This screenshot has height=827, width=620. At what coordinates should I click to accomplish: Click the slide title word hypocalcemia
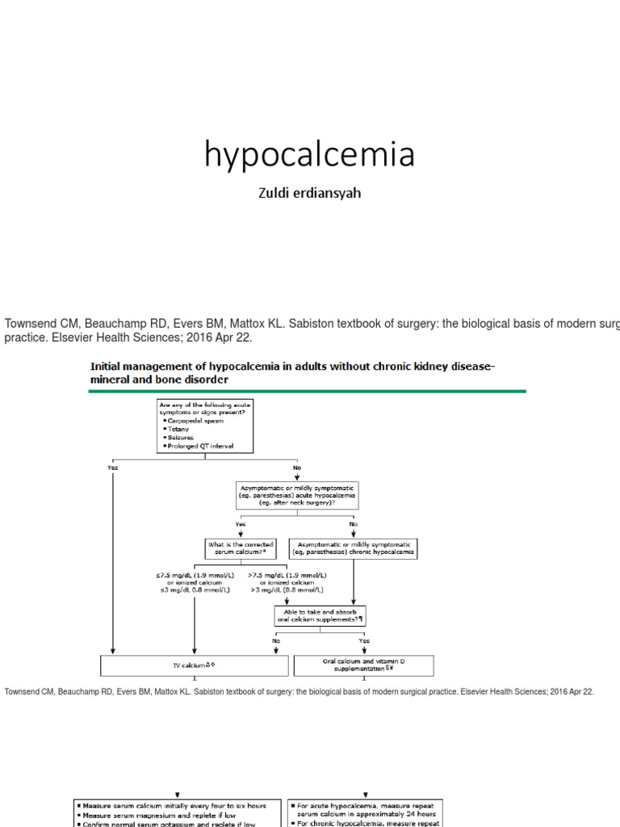tap(310, 153)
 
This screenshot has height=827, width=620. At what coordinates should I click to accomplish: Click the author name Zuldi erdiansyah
tap(310, 194)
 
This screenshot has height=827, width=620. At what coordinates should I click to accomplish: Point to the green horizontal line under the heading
tap(307, 391)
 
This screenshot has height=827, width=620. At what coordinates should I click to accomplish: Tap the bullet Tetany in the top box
tap(178, 429)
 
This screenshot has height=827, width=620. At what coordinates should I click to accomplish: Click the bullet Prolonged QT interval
tap(199, 445)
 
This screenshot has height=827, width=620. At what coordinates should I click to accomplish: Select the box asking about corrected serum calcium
tap(241, 548)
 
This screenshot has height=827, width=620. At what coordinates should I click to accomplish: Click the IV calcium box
tap(194, 665)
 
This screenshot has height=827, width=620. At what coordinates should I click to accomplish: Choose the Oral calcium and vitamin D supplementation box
tap(363, 665)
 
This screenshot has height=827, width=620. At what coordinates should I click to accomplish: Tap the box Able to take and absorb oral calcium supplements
tap(320, 615)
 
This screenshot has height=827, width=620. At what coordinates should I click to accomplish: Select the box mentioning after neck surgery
tap(296, 495)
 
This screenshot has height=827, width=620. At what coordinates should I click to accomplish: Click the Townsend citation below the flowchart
tap(299, 692)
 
